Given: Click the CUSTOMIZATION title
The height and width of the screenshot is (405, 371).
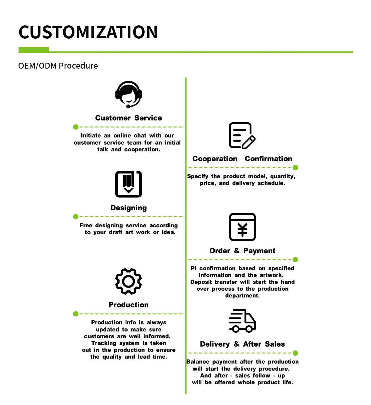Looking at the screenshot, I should coord(88,32).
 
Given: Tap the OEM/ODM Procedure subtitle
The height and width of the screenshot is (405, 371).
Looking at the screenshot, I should coord(58,66).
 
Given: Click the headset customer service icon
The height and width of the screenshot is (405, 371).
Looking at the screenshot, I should coord(129,94).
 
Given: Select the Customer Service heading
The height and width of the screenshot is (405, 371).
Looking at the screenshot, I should coord(129,118).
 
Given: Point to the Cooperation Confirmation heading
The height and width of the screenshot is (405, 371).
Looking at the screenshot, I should coord(242,159).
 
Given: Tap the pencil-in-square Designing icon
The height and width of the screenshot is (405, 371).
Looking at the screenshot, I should coord(129,184).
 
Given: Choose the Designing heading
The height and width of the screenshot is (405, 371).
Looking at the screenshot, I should coord(129,208).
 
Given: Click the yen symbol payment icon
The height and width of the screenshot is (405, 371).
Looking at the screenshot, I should coord(242,227).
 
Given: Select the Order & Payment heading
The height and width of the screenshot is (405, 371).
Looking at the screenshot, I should coord(242,251).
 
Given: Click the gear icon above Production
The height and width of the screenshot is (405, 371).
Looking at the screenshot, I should coord(129,281).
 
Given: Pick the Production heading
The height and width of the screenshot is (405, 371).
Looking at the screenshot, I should coord(129,305).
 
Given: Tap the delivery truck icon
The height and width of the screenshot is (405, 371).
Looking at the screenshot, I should coord(242,321).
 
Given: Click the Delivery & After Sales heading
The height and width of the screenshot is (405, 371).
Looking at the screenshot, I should coord(242,344).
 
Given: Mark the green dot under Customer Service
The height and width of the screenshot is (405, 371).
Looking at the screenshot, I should coord(76,127).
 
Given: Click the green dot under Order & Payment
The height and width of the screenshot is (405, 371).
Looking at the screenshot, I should coord(295,259).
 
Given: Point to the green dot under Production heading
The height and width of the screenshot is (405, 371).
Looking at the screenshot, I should coord(76,314).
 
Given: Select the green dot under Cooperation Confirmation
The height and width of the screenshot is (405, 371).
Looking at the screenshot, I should coord(295,167).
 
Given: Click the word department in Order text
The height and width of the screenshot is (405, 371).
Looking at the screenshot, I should coord(242,296).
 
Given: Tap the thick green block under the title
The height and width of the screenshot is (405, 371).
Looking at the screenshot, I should coord(34,50).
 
